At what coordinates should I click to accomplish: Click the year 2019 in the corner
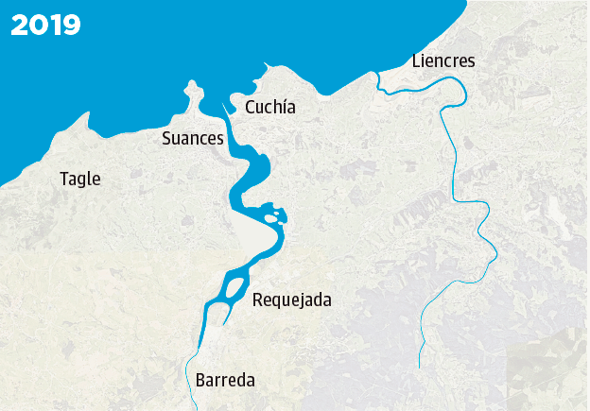(x=45, y=26)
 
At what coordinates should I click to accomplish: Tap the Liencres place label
(x=443, y=61)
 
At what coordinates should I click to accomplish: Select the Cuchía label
(x=270, y=108)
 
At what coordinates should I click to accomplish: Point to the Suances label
(x=193, y=139)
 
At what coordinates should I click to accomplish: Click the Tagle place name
(x=79, y=179)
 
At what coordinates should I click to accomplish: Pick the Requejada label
(x=292, y=300)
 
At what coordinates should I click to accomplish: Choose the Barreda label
(x=225, y=381)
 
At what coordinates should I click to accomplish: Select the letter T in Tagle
(x=63, y=179)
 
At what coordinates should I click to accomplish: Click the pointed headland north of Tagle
(x=88, y=116)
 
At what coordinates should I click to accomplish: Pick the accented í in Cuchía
(x=282, y=107)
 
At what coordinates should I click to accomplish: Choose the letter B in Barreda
(x=200, y=381)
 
